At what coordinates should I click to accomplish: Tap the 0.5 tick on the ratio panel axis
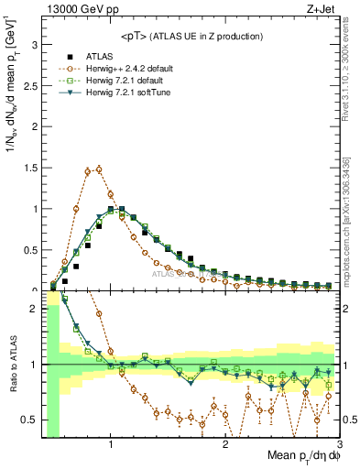32,420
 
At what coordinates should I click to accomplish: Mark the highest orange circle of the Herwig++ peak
99,169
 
